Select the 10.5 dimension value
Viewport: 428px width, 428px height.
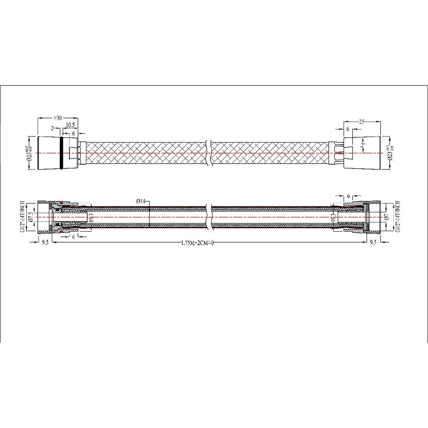71,125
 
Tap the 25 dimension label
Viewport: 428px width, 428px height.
362,122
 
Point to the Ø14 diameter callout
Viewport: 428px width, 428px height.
142,201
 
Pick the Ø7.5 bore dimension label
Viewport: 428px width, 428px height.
30,217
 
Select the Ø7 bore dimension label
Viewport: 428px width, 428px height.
386,217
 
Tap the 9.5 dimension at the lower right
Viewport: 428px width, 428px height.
373,242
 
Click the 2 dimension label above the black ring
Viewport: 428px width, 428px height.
52,128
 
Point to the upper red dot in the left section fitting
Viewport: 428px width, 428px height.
62,202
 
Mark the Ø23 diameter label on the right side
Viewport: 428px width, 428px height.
389,153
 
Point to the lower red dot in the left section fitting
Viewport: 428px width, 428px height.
62,231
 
